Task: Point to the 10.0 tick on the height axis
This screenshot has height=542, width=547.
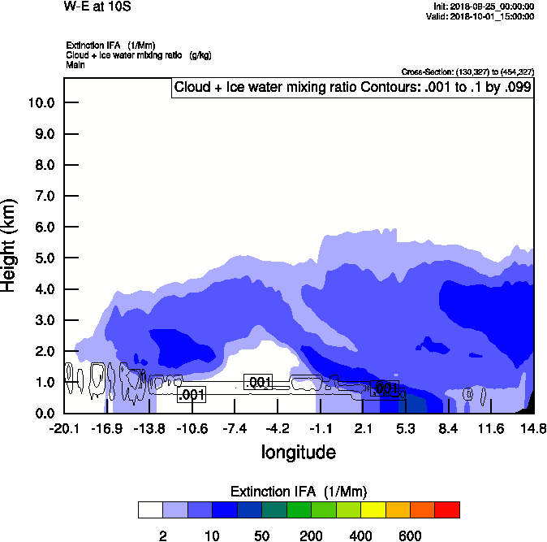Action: coord(41,103)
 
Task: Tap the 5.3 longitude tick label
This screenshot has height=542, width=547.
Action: coord(406,428)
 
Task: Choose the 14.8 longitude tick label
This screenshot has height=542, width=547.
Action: coord(533,428)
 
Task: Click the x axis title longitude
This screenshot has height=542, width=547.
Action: coord(298,452)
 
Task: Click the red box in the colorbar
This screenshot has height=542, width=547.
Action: coord(447,510)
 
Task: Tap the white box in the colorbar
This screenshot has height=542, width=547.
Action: coord(150,510)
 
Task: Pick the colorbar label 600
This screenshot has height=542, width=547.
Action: coord(410,535)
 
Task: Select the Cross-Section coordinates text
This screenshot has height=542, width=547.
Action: coord(467,72)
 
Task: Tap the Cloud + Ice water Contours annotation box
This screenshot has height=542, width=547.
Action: coord(352,87)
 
